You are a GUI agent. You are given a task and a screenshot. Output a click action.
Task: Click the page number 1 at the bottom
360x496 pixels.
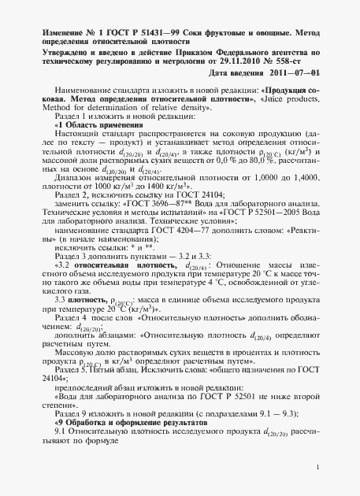click(x=314, y=470)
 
